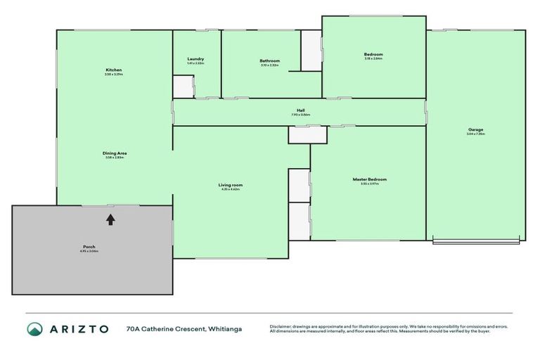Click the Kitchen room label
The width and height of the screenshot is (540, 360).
point(114,70)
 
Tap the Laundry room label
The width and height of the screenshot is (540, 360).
point(195,59)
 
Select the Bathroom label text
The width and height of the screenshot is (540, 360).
point(269,61)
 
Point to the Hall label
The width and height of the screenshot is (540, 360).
point(300,110)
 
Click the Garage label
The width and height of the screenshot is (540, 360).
point(475,129)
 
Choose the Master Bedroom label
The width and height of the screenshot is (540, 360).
point(369,179)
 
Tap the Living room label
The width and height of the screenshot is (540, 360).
point(230,185)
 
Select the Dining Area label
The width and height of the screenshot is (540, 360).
point(114,153)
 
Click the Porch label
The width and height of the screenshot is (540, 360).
point(89,247)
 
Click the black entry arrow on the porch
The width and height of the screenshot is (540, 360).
point(110,219)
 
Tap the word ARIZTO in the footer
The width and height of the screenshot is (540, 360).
point(79,328)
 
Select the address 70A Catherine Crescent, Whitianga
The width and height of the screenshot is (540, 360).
point(179,328)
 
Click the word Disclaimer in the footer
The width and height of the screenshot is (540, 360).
point(280,326)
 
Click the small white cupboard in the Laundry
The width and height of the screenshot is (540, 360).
point(183,86)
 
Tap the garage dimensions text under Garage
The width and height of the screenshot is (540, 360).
point(475,134)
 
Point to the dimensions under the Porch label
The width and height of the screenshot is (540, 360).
point(89,251)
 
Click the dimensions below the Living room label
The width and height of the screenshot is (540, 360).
point(230,189)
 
